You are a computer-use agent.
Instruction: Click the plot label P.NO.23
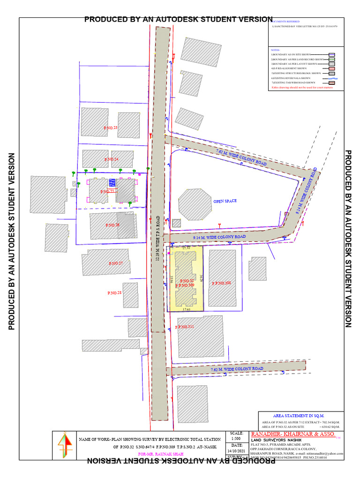[x=110, y=127]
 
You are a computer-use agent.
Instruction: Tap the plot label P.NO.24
[x=111, y=160]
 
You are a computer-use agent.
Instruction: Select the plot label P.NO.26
[x=112, y=225]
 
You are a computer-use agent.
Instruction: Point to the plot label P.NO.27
[x=115, y=263]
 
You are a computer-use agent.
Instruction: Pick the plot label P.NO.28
[x=114, y=293]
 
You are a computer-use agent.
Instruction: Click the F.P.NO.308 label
[x=222, y=283]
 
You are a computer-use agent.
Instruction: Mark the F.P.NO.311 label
[x=185, y=327]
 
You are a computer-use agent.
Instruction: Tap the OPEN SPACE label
[x=225, y=201]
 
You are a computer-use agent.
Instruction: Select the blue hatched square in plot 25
[x=112, y=183]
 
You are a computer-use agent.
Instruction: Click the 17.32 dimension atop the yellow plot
[x=186, y=247]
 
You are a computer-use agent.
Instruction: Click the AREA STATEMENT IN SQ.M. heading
[x=298, y=416]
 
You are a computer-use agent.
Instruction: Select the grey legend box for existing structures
[x=331, y=74]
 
